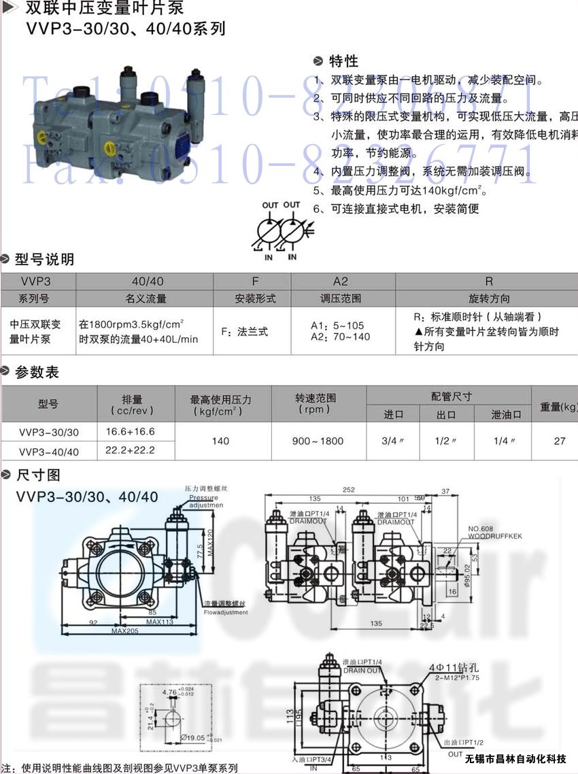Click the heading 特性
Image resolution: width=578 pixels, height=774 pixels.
343,61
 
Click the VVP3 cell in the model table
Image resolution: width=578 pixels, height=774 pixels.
37,282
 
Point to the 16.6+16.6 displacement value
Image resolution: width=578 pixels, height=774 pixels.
131,431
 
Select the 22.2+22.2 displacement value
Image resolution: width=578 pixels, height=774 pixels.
131,450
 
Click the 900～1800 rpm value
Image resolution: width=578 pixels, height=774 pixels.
318,441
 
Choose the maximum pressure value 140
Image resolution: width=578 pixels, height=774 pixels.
220,441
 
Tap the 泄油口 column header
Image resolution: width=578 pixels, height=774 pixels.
507,414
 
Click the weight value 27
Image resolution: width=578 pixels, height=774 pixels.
560,441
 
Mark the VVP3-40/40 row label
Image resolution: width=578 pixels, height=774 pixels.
49,451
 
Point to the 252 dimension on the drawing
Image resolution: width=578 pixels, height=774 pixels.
349,490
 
